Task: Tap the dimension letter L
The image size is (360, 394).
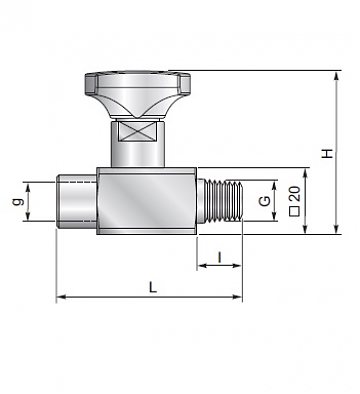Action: point(153,287)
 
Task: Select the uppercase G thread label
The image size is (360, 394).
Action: point(265,201)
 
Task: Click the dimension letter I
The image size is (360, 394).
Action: point(219,257)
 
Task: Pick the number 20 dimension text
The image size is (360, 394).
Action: point(295,193)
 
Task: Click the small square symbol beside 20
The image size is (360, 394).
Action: point(295,211)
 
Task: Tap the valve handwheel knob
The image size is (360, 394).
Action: point(137,94)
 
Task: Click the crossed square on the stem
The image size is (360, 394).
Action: point(137,133)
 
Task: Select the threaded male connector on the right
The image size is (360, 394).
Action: point(220,200)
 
